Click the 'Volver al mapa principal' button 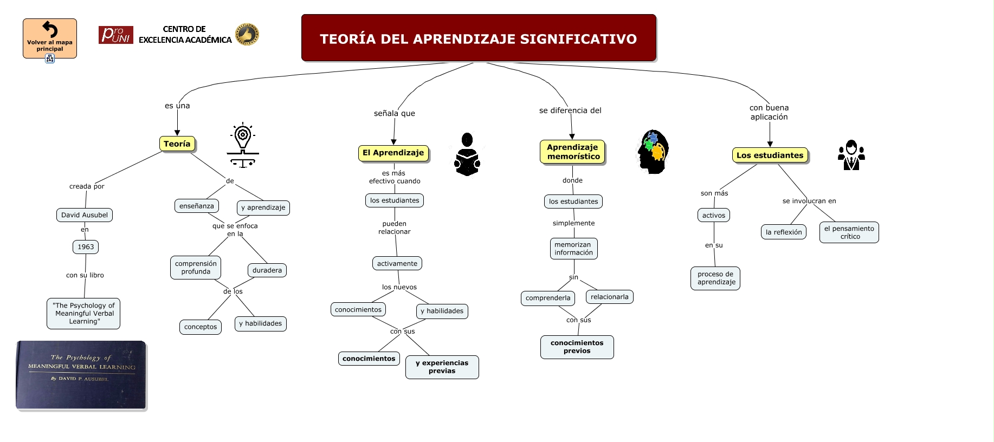pos(50,38)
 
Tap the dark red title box pos(479,38)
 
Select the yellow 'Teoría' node pos(177,144)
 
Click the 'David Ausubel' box pos(85,215)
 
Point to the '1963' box pos(86,247)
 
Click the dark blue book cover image pos(81,374)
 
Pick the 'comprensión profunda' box pos(196,268)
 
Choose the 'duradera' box pos(267,270)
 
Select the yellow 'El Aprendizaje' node pos(393,153)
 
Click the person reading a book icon pos(467,154)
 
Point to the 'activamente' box pos(397,264)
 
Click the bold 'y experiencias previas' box pos(442,367)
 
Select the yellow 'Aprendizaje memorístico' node pos(573,152)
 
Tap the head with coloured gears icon pos(653,152)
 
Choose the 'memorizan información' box pos(573,249)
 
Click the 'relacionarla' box pos(610,297)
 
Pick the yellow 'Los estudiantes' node pos(770,155)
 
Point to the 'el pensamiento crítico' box pos(849,232)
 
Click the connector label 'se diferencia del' pos(570,110)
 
